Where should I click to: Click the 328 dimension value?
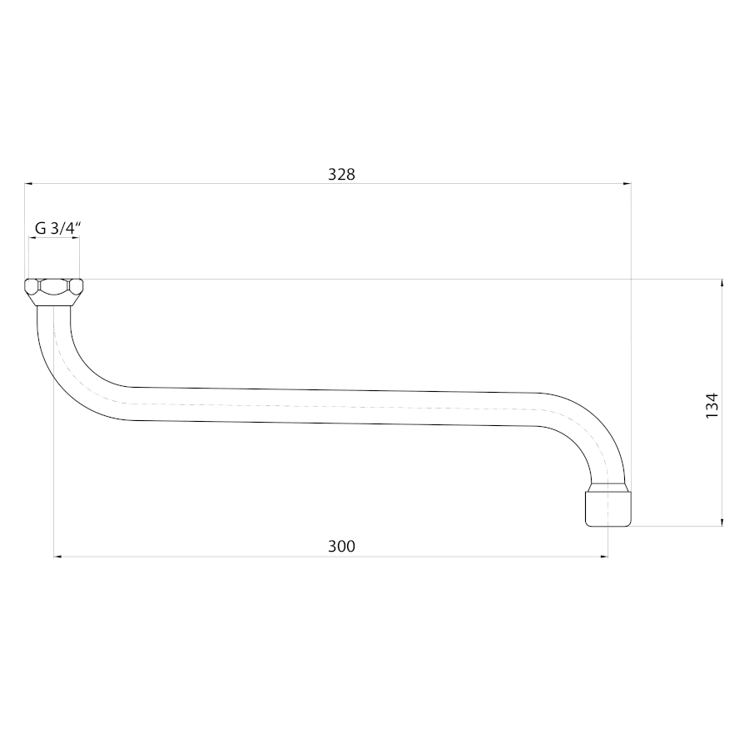point(341,175)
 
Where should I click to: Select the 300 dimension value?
point(341,546)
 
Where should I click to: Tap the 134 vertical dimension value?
point(712,405)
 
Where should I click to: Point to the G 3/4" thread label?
point(57,228)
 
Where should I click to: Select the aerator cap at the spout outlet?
point(608,508)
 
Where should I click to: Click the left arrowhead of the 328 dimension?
point(28,183)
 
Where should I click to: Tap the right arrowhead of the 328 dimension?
point(627,183)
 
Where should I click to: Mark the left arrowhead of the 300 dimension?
point(57,557)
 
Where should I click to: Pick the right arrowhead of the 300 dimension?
point(604,557)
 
